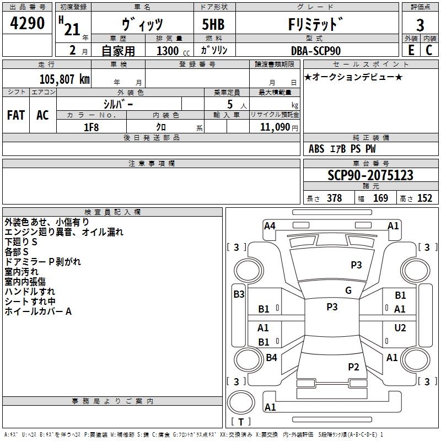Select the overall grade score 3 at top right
click(420, 25)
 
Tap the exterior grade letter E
click(411, 50)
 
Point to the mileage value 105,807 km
click(64, 79)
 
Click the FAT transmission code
click(16, 115)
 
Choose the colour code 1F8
click(91, 127)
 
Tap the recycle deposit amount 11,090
click(274, 127)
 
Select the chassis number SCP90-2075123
click(370, 175)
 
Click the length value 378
click(334, 198)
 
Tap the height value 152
click(424, 198)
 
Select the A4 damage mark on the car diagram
click(270, 225)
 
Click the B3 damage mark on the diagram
click(239, 294)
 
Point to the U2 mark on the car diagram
click(400, 328)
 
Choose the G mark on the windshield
click(348, 291)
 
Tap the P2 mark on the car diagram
click(353, 367)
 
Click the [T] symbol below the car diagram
click(241, 422)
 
